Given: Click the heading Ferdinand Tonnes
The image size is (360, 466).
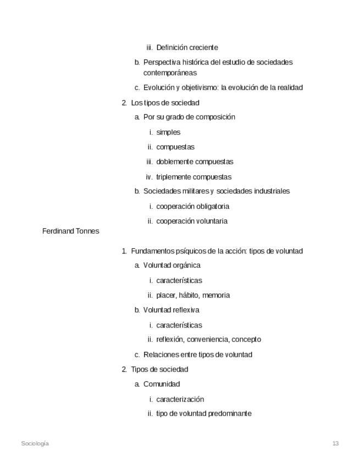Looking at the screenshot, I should point(70,231).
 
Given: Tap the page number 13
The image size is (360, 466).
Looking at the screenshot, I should point(335,443).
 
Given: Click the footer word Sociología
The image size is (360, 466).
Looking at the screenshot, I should point(35,443).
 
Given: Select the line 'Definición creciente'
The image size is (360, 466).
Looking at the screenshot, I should point(187,48).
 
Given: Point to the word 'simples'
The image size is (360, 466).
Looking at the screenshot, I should point(168,132).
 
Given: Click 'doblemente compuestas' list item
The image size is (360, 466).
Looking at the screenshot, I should point(195,162).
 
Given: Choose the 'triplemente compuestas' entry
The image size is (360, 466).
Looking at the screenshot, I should point(193,177).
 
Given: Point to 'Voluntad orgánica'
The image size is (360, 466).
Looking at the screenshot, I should point(171,265).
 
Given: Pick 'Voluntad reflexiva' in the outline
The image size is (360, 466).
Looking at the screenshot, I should point(171,310).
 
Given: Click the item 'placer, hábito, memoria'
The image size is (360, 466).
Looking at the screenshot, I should point(193,295).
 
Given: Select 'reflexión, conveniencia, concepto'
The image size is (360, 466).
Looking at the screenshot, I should point(208,340).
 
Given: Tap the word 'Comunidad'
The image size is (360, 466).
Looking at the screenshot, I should point(162,384).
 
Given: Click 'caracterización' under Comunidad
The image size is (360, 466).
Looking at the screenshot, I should point(180,399).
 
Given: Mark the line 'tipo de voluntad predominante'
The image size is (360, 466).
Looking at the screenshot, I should point(203,414).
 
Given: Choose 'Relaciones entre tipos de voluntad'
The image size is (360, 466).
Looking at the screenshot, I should point(197,354).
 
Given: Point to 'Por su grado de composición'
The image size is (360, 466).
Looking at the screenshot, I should point(189,118).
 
